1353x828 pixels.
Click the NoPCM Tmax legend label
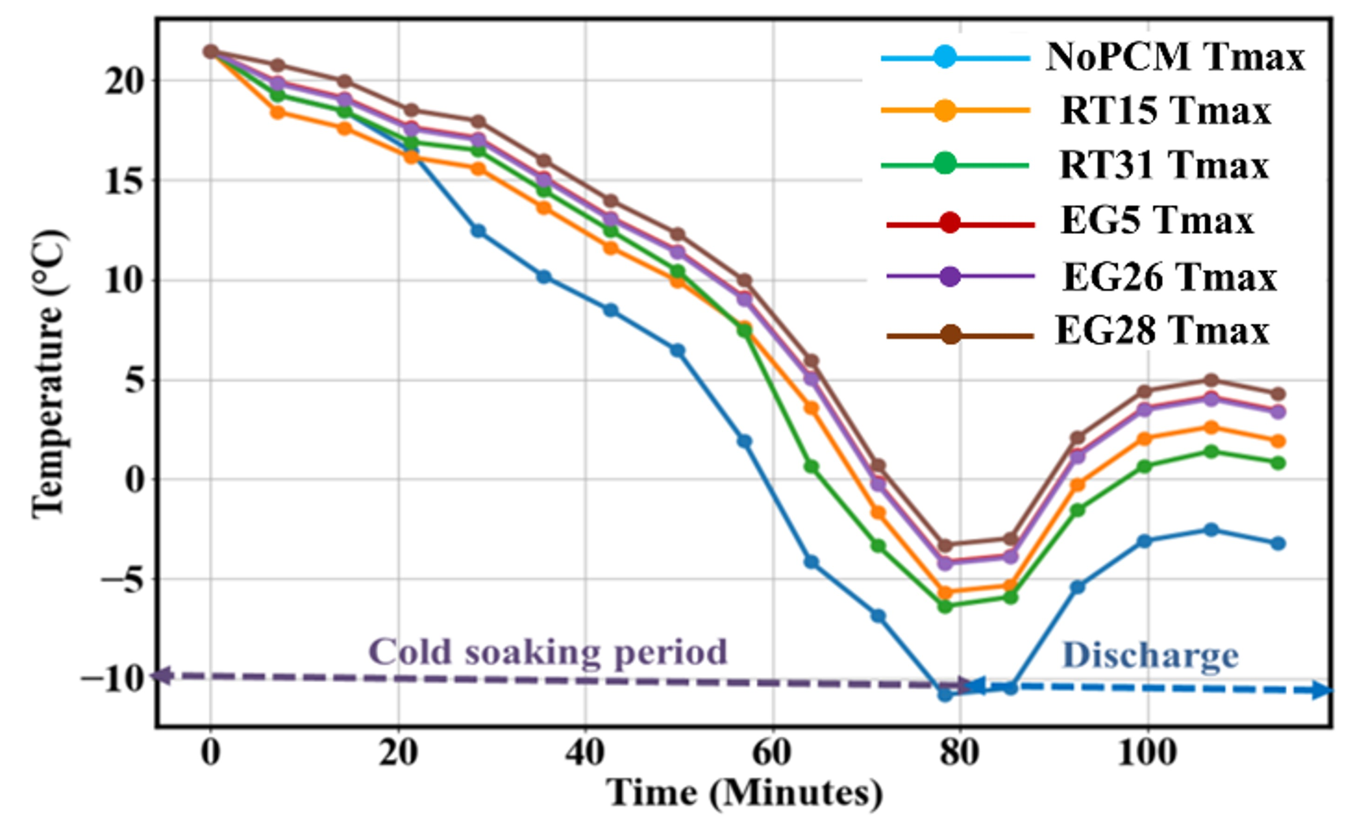coord(1175,57)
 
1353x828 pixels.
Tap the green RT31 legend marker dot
coord(944,163)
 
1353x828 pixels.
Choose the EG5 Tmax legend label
coord(1157,222)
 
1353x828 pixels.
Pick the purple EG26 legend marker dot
coord(951,276)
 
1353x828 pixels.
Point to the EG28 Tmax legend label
coord(1162,331)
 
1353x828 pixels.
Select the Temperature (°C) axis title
coord(48,374)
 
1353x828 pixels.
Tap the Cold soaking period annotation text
coord(548,653)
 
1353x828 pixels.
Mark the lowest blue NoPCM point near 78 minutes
coord(945,694)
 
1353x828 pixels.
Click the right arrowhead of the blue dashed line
coord(1322,690)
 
